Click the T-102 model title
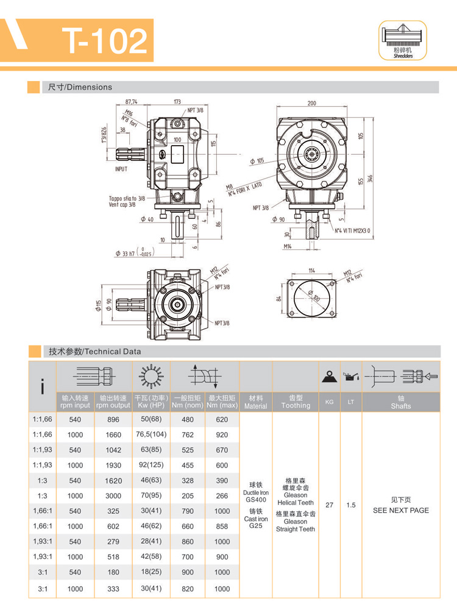click(107, 41)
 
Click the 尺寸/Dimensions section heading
click(80, 87)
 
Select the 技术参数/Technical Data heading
click(94, 351)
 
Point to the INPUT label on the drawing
click(122, 169)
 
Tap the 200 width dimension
click(312, 104)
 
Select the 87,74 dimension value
click(131, 102)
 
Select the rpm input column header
click(75, 402)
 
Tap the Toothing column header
click(296, 402)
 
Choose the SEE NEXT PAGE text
click(400, 510)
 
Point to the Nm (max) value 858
click(222, 526)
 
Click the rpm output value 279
click(113, 541)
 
